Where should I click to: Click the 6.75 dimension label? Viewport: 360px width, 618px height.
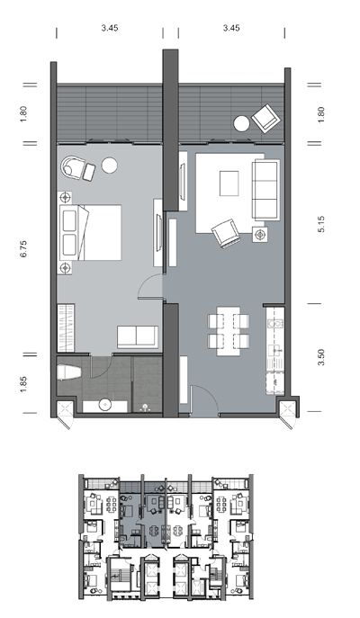tap(24, 249)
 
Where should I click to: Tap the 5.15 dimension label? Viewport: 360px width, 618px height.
tap(321, 224)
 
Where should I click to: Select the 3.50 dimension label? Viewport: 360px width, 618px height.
tap(321, 357)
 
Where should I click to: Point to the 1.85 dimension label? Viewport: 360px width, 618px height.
tap(24, 384)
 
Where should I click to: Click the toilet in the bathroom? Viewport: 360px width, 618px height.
tap(69, 372)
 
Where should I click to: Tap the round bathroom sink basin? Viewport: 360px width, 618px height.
tap(105, 405)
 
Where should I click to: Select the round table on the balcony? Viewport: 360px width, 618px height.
tap(241, 124)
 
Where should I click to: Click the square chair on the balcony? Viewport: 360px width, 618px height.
tap(267, 118)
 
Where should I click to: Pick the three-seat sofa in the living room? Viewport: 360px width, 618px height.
tap(266, 190)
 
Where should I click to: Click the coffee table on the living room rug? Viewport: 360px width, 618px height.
tap(229, 183)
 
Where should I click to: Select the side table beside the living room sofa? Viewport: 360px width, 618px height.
tap(260, 235)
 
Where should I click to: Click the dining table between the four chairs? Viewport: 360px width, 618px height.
tap(228, 331)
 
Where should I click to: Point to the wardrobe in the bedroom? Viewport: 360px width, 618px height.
tap(66, 327)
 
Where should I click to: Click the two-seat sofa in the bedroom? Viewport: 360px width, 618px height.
tap(138, 337)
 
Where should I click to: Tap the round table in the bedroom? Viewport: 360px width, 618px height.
tap(109, 166)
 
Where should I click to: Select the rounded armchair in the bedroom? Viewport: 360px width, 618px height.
tap(72, 168)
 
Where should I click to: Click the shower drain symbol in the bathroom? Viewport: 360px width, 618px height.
tap(147, 408)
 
